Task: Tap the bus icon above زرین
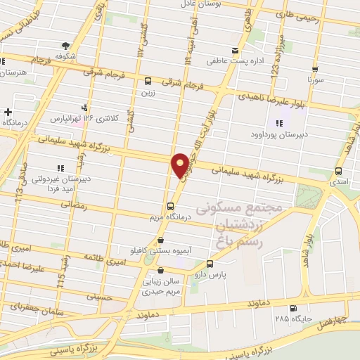tap(148, 80)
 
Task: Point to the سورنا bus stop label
tap(314, 82)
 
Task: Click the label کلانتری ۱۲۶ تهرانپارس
tap(85, 118)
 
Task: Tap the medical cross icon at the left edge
tap(8, 112)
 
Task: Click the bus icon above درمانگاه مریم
tap(170, 206)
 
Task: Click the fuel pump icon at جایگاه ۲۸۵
tap(292, 308)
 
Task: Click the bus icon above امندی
tap(339, 171)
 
